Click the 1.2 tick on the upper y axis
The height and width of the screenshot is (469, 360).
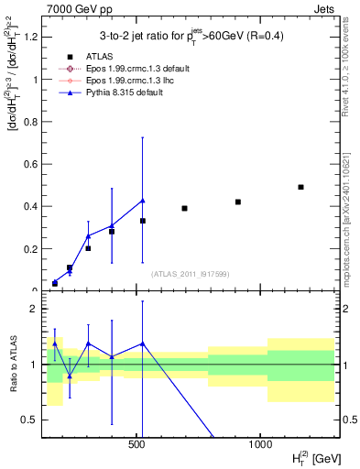tap(30, 38)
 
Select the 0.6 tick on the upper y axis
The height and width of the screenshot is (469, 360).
tap(30, 164)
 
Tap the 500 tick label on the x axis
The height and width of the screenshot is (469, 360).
tap(137, 443)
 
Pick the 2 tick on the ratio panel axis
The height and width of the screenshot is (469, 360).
tap(34, 310)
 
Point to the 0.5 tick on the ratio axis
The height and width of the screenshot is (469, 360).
tap(30, 420)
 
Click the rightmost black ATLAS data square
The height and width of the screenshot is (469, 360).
tap(300, 187)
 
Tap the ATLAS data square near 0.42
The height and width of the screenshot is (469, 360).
tap(238, 202)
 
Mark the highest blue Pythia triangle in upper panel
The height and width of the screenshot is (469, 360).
tap(142, 201)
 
